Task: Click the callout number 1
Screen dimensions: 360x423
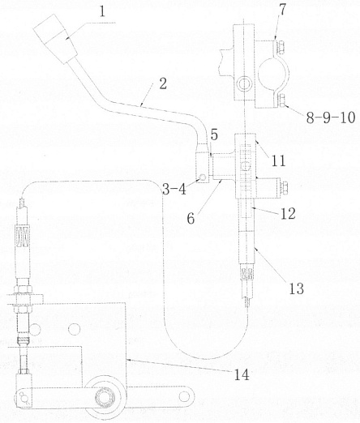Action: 102,12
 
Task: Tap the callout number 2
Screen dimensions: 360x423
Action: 163,83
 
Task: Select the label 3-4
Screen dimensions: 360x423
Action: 174,190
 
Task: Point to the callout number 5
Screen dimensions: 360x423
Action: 214,135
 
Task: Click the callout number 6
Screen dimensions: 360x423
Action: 191,219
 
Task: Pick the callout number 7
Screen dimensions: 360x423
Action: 282,10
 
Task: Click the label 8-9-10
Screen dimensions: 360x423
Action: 331,117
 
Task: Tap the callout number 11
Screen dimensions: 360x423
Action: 278,161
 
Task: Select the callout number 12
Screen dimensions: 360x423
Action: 288,214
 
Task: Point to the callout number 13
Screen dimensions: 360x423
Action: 297,288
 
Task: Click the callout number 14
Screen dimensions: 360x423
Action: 242,374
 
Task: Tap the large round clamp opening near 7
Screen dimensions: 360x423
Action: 273,73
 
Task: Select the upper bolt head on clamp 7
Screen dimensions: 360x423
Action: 281,48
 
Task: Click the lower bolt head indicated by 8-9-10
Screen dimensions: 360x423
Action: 281,100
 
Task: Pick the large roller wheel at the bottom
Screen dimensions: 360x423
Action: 105,397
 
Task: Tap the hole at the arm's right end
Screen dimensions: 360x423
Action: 185,396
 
